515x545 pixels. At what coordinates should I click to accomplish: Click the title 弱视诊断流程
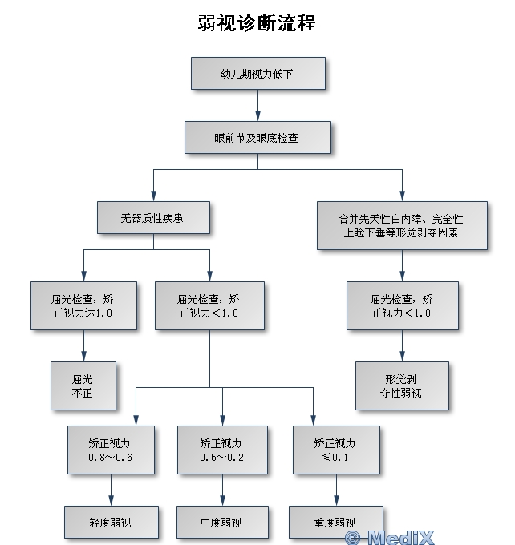[x=257, y=23]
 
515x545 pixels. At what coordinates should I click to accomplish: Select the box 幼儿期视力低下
[x=258, y=74]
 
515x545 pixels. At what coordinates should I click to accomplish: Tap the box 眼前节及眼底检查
[x=257, y=138]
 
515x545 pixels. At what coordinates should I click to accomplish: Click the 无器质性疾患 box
[x=153, y=217]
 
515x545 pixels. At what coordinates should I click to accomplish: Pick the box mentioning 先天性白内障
[x=402, y=225]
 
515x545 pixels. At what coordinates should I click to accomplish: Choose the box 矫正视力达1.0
[x=83, y=305]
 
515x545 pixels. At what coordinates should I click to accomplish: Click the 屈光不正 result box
[x=83, y=386]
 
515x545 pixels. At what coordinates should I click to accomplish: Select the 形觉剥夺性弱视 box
[x=402, y=386]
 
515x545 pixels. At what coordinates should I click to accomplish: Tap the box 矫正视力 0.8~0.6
[x=111, y=450]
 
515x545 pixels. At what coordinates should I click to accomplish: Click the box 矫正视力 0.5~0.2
[x=222, y=450]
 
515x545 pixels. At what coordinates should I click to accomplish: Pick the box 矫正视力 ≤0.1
[x=336, y=450]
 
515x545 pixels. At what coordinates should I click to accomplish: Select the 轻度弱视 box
[x=112, y=522]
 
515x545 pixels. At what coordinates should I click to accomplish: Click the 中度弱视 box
[x=222, y=522]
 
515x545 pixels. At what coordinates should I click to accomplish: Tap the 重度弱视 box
[x=336, y=522]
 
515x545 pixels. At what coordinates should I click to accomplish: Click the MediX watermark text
[x=401, y=537]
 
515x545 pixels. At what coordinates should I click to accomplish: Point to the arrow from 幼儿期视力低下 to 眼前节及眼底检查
[x=257, y=105]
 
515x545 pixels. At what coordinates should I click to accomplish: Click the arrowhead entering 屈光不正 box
[x=83, y=357]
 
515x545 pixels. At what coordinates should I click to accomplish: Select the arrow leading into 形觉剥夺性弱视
[x=402, y=346]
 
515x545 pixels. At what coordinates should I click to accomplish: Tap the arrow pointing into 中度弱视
[x=222, y=490]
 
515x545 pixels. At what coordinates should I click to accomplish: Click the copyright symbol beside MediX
[x=352, y=538]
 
